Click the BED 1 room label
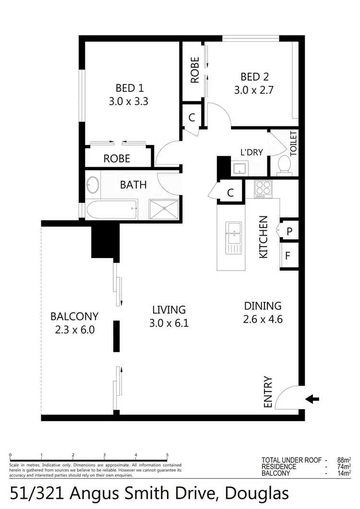pyautogui.click(x=129, y=88)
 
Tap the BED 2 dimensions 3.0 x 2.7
pyautogui.click(x=254, y=90)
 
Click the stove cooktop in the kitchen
pyautogui.click(x=263, y=189)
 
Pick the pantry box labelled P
pyautogui.click(x=289, y=231)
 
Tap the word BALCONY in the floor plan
pyautogui.click(x=74, y=317)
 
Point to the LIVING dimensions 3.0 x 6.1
pyautogui.click(x=168, y=323)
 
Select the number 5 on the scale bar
pyautogui.click(x=167, y=455)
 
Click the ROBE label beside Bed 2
pyautogui.click(x=195, y=71)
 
